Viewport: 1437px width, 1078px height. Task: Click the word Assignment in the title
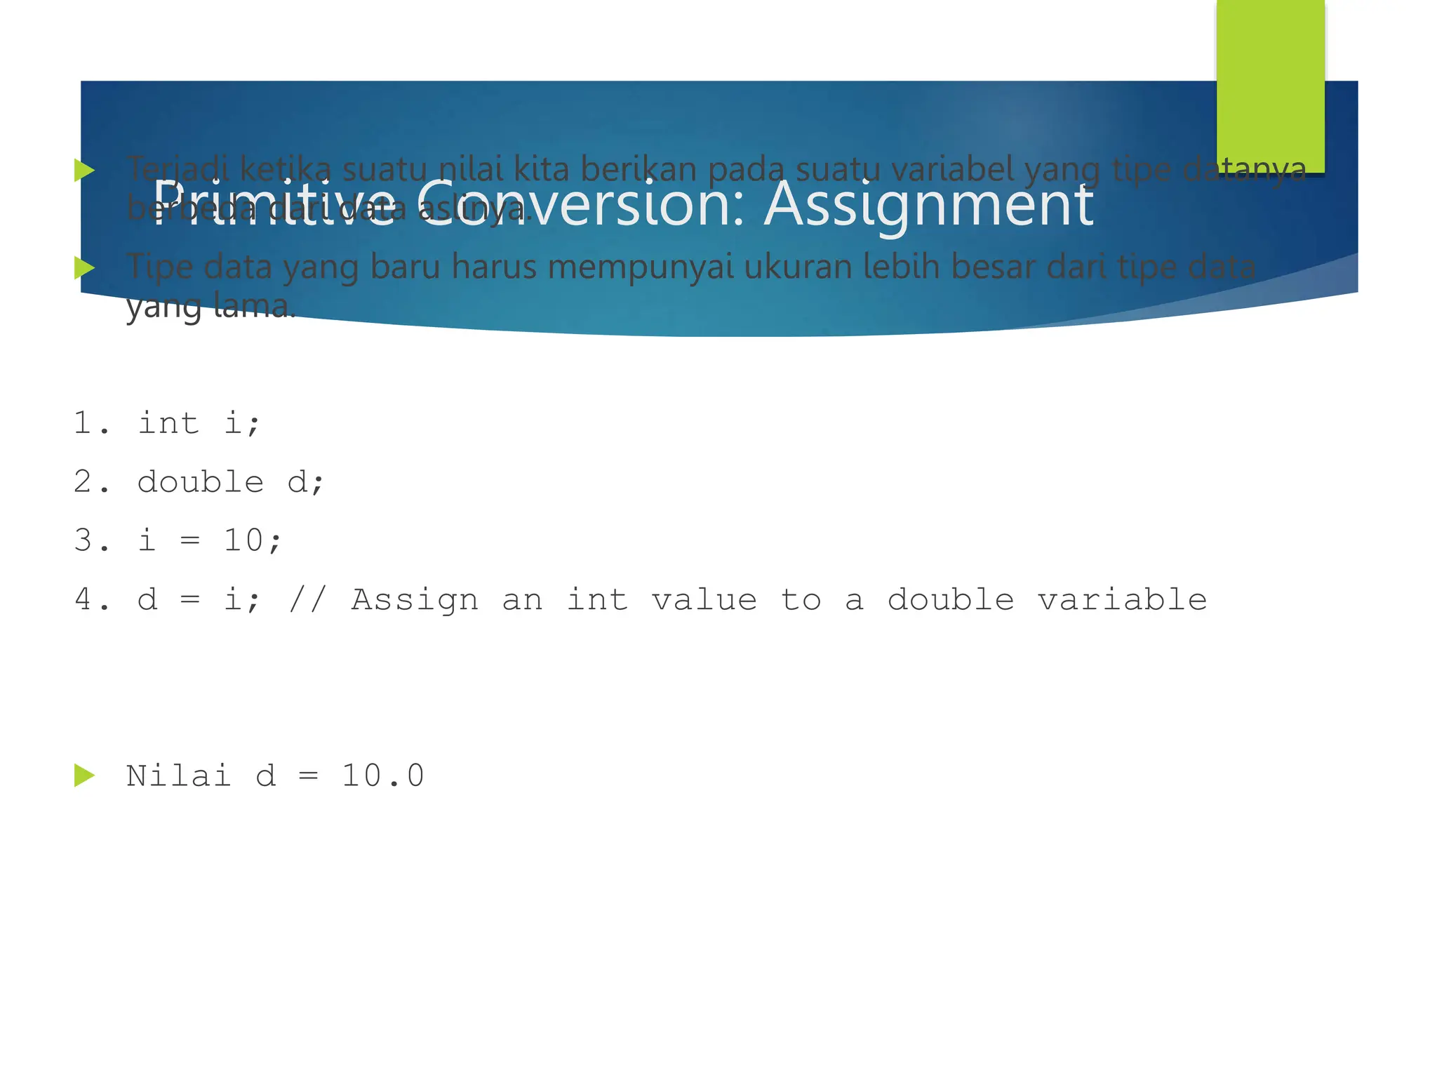point(928,205)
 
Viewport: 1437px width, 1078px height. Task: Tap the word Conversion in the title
point(582,205)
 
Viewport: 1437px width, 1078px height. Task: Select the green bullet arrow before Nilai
point(84,776)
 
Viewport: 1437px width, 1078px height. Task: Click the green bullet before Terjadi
point(84,170)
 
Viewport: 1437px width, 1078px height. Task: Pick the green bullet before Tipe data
point(84,267)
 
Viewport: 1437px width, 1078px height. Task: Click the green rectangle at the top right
point(1270,84)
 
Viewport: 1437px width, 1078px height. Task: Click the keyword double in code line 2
point(201,482)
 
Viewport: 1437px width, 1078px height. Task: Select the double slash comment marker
point(307,599)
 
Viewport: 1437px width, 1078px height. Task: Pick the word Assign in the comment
point(415,599)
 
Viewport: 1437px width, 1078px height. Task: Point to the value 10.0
point(383,776)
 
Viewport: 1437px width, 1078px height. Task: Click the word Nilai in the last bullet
point(179,776)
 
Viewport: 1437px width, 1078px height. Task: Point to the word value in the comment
point(704,599)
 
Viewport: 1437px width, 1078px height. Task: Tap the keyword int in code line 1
point(168,423)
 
